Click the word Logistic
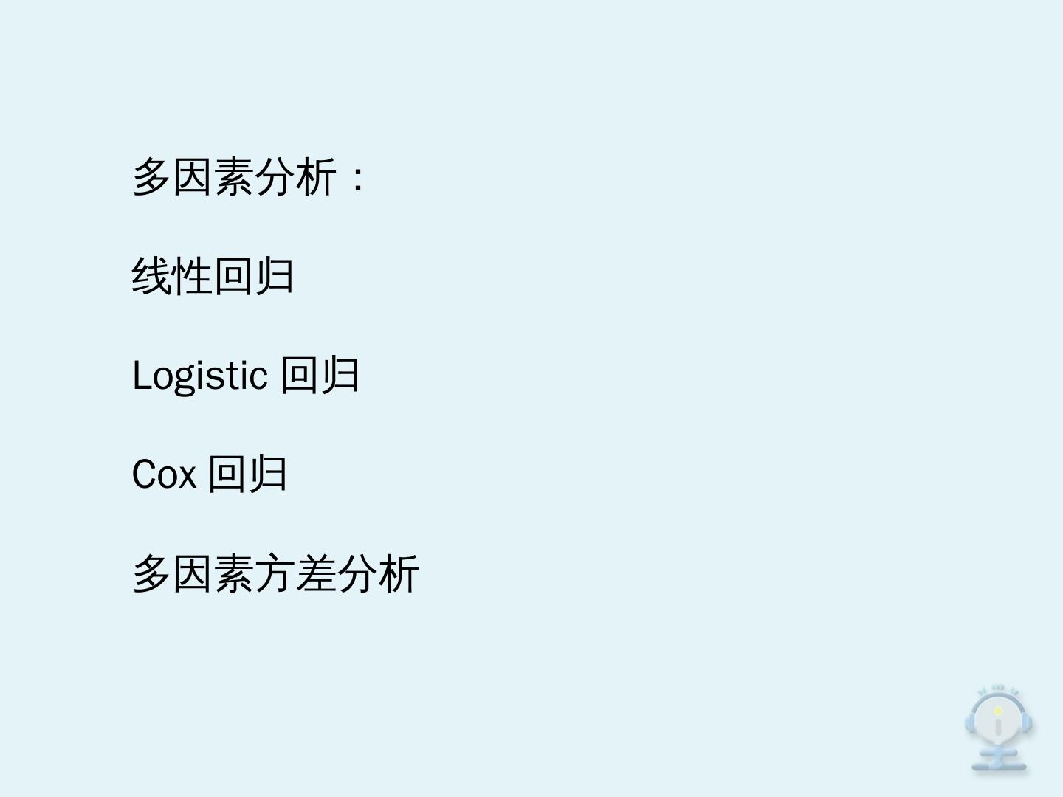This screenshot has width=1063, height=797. point(199,376)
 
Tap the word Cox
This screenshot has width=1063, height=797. point(164,474)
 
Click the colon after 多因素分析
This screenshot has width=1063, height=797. point(358,179)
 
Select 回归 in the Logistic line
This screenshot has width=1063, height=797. point(320,375)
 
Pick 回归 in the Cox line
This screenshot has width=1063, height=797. point(247,474)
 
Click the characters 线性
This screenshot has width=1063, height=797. point(172,277)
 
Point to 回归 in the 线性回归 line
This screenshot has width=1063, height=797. point(253,277)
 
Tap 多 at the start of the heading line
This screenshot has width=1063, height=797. point(151,177)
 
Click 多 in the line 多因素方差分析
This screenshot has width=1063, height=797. point(151,573)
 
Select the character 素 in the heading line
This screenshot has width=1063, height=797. point(233,177)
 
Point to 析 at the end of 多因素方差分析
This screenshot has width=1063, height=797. point(399,573)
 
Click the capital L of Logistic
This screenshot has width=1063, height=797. point(141,376)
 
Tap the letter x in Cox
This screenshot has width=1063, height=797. point(187,476)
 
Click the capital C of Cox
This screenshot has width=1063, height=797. point(143,474)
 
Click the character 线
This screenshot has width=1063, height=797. point(151,277)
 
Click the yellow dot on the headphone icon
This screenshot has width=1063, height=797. point(998,711)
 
